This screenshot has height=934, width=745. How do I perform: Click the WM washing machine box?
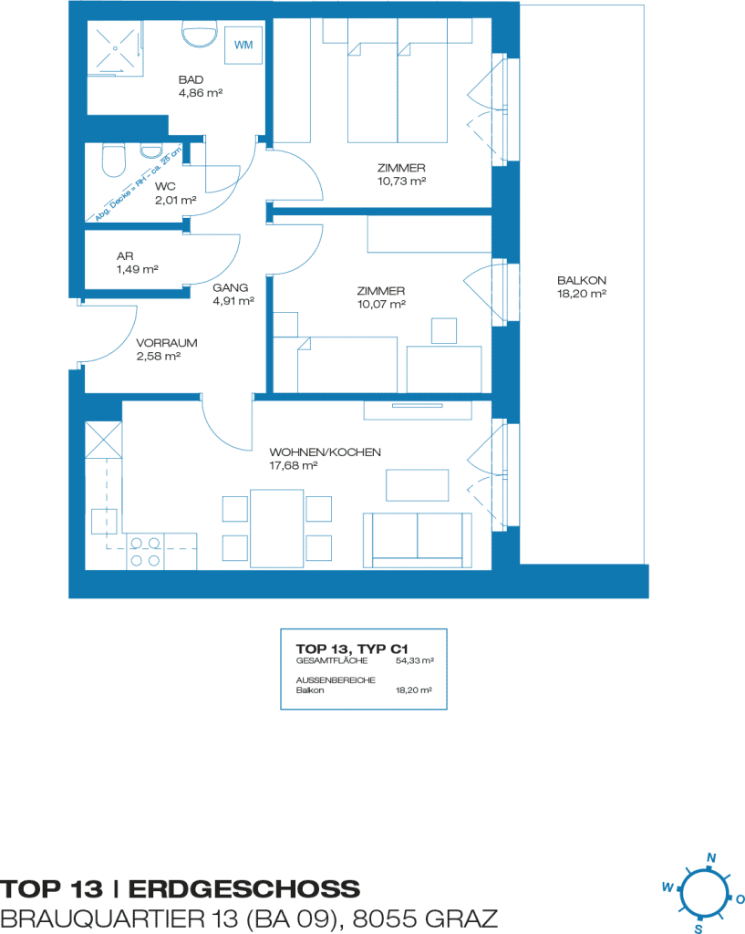243,45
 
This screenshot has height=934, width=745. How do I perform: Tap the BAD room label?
191,80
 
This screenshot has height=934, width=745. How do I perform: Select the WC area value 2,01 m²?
176,200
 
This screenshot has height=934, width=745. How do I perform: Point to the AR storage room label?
125,256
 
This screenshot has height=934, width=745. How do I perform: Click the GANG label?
231,287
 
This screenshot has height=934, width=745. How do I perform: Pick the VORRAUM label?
167,343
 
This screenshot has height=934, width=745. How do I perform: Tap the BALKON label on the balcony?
582,280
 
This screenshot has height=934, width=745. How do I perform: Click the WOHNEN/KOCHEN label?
326,452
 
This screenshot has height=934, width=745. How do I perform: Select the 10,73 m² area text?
401,182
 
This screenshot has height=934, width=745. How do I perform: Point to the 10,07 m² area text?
381,305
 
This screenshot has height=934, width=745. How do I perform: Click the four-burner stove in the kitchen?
145,552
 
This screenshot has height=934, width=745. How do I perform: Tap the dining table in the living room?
277,528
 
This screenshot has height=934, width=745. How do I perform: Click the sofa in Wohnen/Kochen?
418,540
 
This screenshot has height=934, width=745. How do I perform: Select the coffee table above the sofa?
417,485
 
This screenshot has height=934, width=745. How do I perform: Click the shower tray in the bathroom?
115,47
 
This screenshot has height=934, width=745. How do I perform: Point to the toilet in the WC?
114,160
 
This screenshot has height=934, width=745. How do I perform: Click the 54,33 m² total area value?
415,660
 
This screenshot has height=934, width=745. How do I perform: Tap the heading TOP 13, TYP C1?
352,649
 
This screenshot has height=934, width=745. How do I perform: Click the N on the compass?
711,857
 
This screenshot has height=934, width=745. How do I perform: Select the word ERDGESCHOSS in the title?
244,889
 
